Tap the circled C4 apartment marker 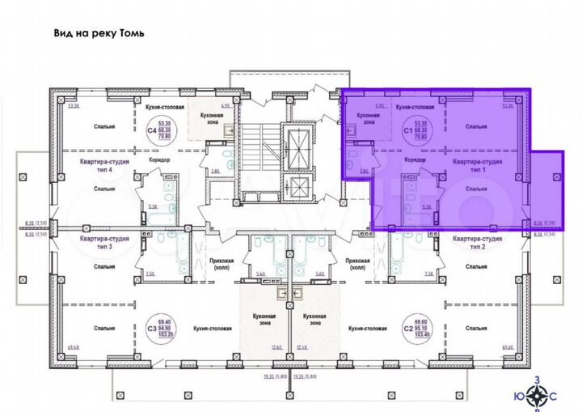[150, 130]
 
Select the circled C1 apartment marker [407, 130]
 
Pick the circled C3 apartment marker [151, 328]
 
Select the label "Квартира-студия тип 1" [478, 166]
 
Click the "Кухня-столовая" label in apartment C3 [212, 329]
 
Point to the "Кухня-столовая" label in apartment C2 [358, 329]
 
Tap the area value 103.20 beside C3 [167, 334]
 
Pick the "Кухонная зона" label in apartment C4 [202, 119]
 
